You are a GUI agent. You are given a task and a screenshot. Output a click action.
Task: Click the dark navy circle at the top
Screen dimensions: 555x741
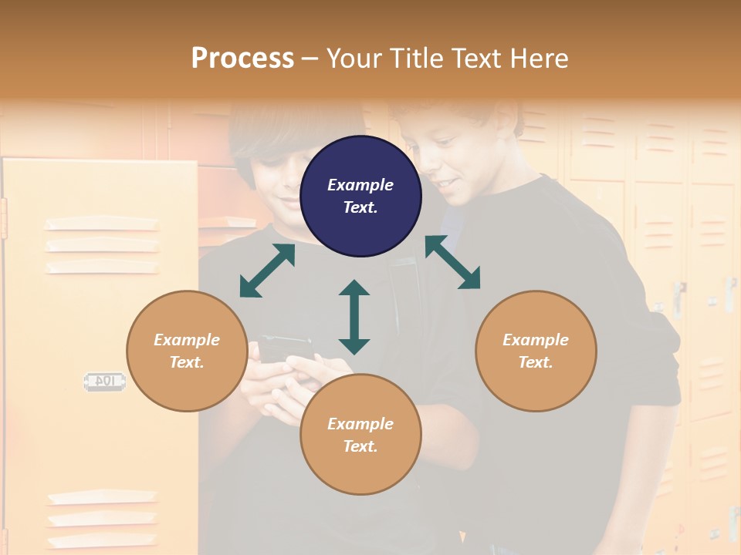pyautogui.click(x=360, y=196)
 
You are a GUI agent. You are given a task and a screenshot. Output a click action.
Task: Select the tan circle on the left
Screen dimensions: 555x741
pyautogui.click(x=187, y=351)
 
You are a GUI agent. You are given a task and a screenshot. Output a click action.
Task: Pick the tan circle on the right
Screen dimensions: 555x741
pyautogui.click(x=536, y=351)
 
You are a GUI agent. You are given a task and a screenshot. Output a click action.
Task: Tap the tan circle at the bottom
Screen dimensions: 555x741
pyautogui.click(x=360, y=434)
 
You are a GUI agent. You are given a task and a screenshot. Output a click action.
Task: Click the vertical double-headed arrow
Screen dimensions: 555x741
pyautogui.click(x=354, y=317)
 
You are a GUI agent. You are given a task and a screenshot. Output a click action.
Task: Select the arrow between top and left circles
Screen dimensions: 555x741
pyautogui.click(x=267, y=271)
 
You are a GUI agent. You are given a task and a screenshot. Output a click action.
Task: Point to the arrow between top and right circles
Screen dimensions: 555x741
pyautogui.click(x=452, y=262)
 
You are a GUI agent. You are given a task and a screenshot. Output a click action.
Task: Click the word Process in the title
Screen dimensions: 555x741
pyautogui.click(x=242, y=58)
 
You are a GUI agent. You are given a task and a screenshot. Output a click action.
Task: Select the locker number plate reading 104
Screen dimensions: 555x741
pyautogui.click(x=103, y=381)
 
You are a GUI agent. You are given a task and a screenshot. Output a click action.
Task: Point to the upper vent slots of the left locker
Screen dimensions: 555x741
pyautogui.click(x=101, y=245)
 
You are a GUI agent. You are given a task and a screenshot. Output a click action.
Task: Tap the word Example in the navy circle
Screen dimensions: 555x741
pyautogui.click(x=360, y=185)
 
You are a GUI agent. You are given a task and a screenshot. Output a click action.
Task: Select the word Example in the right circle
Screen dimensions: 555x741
pyautogui.click(x=536, y=340)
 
